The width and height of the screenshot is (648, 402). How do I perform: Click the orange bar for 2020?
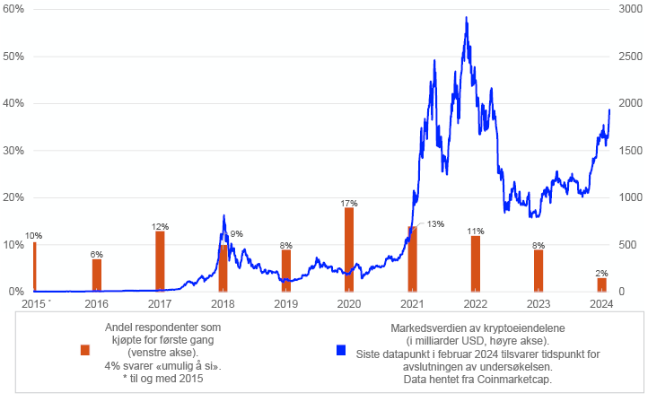(349, 249)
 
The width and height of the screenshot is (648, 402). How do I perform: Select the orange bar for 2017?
(160, 261)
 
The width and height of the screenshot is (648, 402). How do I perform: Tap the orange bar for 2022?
(476, 264)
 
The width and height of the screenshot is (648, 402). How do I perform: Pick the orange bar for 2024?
(601, 284)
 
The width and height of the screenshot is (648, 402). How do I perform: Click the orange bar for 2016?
(97, 275)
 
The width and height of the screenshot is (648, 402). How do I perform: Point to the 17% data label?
(349, 203)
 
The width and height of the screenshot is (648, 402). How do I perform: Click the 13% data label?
(435, 223)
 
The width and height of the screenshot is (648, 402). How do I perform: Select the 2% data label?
(601, 273)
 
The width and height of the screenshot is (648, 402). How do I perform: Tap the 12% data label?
(160, 226)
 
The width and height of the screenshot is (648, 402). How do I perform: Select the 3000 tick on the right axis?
(631, 8)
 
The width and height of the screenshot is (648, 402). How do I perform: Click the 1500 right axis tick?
(631, 150)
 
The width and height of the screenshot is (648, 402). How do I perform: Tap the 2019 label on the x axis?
(285, 304)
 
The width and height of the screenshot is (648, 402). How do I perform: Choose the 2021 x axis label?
(412, 304)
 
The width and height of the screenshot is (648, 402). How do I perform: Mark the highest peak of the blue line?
(466, 17)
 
